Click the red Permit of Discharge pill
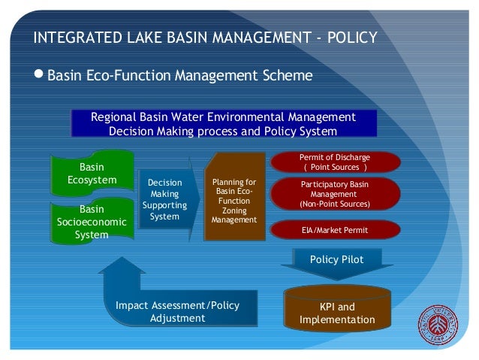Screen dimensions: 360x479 [x=334, y=161]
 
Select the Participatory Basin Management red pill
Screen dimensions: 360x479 [x=334, y=194]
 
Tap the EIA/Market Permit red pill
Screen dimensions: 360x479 [x=334, y=229]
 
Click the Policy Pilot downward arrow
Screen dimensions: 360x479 [x=336, y=263]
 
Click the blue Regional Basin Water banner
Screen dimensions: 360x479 [x=223, y=124]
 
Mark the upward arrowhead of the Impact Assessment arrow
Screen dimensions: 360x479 [x=122, y=265]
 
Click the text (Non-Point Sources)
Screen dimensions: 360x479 [x=334, y=204]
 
